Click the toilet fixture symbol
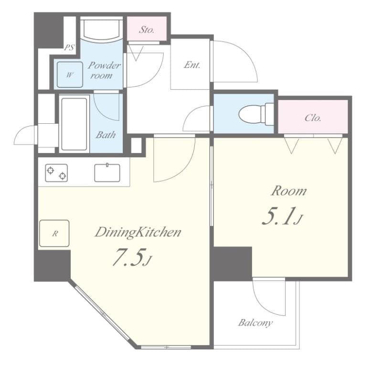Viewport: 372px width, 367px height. pyautogui.click(x=254, y=114)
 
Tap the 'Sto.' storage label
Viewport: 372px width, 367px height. pyautogui.click(x=147, y=30)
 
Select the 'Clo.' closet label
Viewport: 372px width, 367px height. pyautogui.click(x=312, y=118)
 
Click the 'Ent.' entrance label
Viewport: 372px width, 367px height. pyautogui.click(x=191, y=65)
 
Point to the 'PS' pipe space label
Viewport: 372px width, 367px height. pyautogui.click(x=70, y=47)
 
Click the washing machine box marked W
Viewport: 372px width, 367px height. pyautogui.click(x=70, y=75)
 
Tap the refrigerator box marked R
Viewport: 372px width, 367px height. pyautogui.click(x=54, y=233)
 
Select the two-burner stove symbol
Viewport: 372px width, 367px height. pyautogui.click(x=56, y=173)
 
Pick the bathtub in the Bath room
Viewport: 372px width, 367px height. pyautogui.click(x=74, y=124)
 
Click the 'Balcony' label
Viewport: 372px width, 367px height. pyautogui.click(x=255, y=323)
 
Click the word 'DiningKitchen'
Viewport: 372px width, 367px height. pyautogui.click(x=138, y=233)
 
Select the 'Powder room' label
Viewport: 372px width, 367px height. pyautogui.click(x=104, y=70)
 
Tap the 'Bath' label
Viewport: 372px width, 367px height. pyautogui.click(x=106, y=135)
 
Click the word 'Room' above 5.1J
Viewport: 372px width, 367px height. pyautogui.click(x=288, y=191)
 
